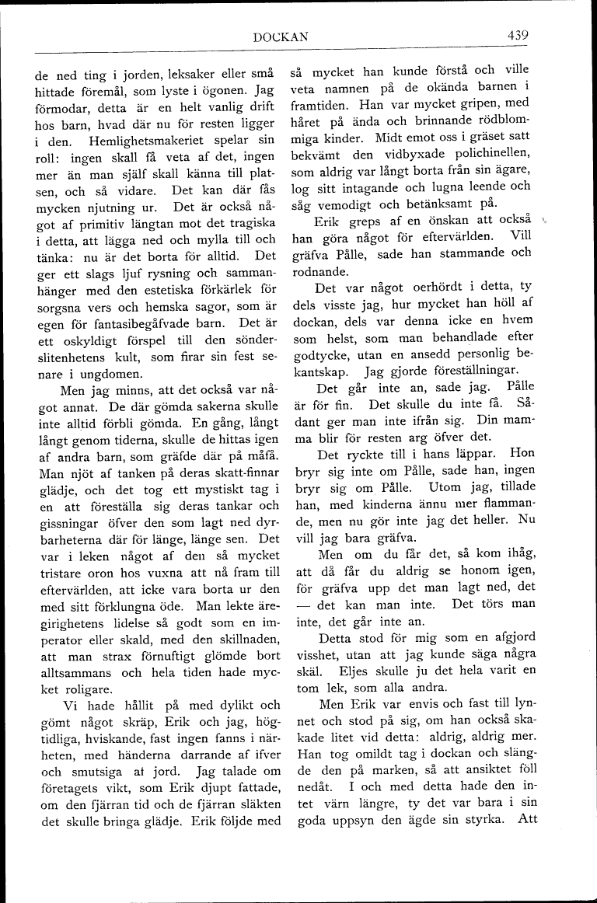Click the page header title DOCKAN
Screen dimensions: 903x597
[x=281, y=36]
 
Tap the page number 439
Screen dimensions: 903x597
[x=518, y=35]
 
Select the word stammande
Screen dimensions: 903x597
[x=459, y=253]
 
